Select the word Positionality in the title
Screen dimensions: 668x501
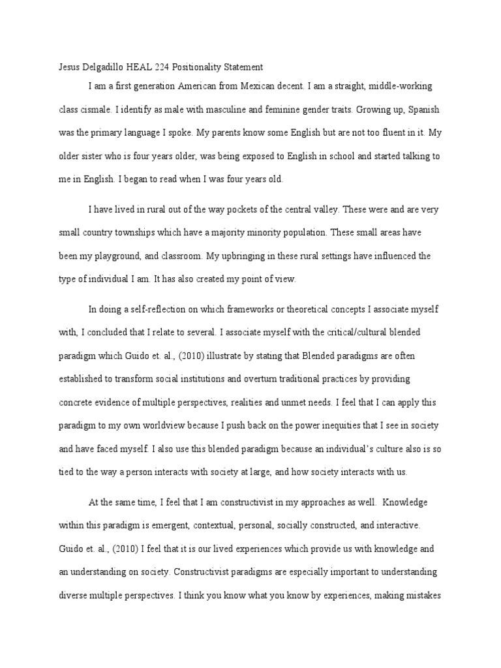pyautogui.click(x=199, y=67)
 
